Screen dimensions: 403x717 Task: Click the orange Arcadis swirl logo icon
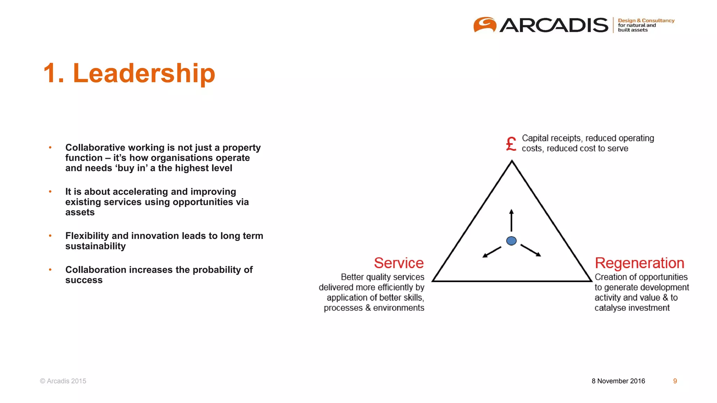485,24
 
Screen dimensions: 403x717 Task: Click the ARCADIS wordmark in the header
554,25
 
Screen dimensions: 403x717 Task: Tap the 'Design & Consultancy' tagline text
646,21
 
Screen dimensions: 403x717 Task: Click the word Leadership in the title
144,73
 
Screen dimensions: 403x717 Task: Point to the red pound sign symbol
511,144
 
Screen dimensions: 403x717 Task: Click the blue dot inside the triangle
511,241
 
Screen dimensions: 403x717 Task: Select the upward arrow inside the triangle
511,220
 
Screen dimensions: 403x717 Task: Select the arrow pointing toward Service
492,252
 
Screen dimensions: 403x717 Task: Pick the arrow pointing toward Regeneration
531,250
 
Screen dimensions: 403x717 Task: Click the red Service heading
399,263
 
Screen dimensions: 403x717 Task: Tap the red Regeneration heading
639,263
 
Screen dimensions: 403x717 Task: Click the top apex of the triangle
512,162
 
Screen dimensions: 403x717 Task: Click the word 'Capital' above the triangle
535,138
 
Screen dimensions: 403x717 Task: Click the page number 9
675,381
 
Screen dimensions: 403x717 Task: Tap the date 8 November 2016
618,381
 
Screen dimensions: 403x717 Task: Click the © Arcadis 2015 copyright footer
63,381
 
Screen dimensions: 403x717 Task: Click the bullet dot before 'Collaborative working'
50,148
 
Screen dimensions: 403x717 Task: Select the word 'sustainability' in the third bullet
95,246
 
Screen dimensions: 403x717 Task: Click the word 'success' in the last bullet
84,280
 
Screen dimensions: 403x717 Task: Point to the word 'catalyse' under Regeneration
610,308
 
